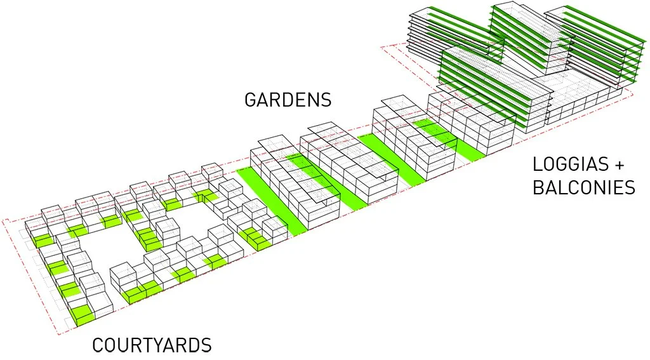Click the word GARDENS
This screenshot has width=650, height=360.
(x=288, y=100)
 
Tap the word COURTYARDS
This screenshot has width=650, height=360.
(x=152, y=346)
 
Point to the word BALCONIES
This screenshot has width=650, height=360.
(x=584, y=188)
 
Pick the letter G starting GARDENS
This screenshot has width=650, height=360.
(x=251, y=100)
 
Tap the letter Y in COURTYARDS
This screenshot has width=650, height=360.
(x=164, y=346)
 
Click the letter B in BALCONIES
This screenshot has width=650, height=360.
(x=538, y=188)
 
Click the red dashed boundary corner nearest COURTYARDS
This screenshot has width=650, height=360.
(x=58, y=334)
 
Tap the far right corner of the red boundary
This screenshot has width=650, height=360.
(x=633, y=95)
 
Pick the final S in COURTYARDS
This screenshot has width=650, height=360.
(x=206, y=346)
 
